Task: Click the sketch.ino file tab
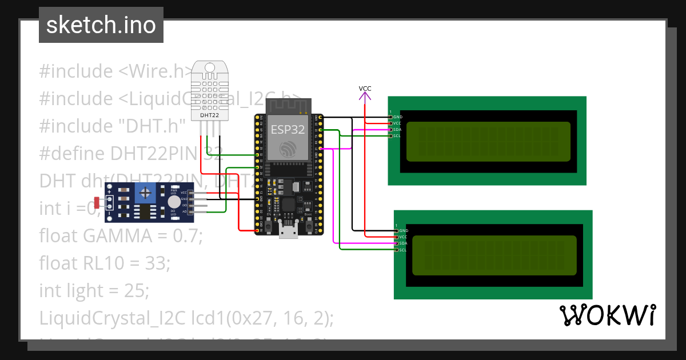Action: tap(101, 25)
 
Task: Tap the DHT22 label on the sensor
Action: tap(209, 115)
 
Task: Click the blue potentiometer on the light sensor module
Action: tap(147, 192)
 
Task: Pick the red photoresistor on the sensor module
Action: tap(97, 202)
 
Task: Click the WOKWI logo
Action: tap(607, 315)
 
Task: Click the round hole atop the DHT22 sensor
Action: tap(209, 69)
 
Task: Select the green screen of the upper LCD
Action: tap(488, 142)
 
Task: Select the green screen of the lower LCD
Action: tap(494, 255)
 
